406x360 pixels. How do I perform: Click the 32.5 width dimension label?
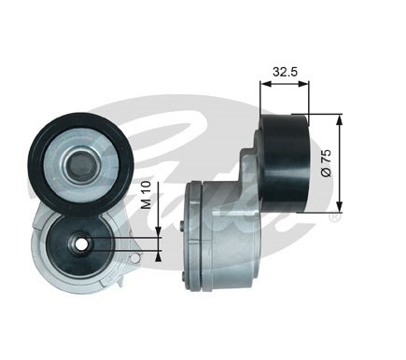pos(285,72)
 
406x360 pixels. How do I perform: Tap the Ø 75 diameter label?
pos(326,163)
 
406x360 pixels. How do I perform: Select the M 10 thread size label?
pos(146,196)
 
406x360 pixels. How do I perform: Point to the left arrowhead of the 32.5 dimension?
pos(266,84)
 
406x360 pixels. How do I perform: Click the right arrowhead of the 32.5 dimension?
pos(303,84)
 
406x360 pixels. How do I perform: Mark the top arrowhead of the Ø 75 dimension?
pos(339,120)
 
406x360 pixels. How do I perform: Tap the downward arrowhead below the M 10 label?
pos(159,231)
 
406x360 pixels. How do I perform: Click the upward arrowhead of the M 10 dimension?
pos(159,256)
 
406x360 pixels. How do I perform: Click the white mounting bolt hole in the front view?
pos(82,244)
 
